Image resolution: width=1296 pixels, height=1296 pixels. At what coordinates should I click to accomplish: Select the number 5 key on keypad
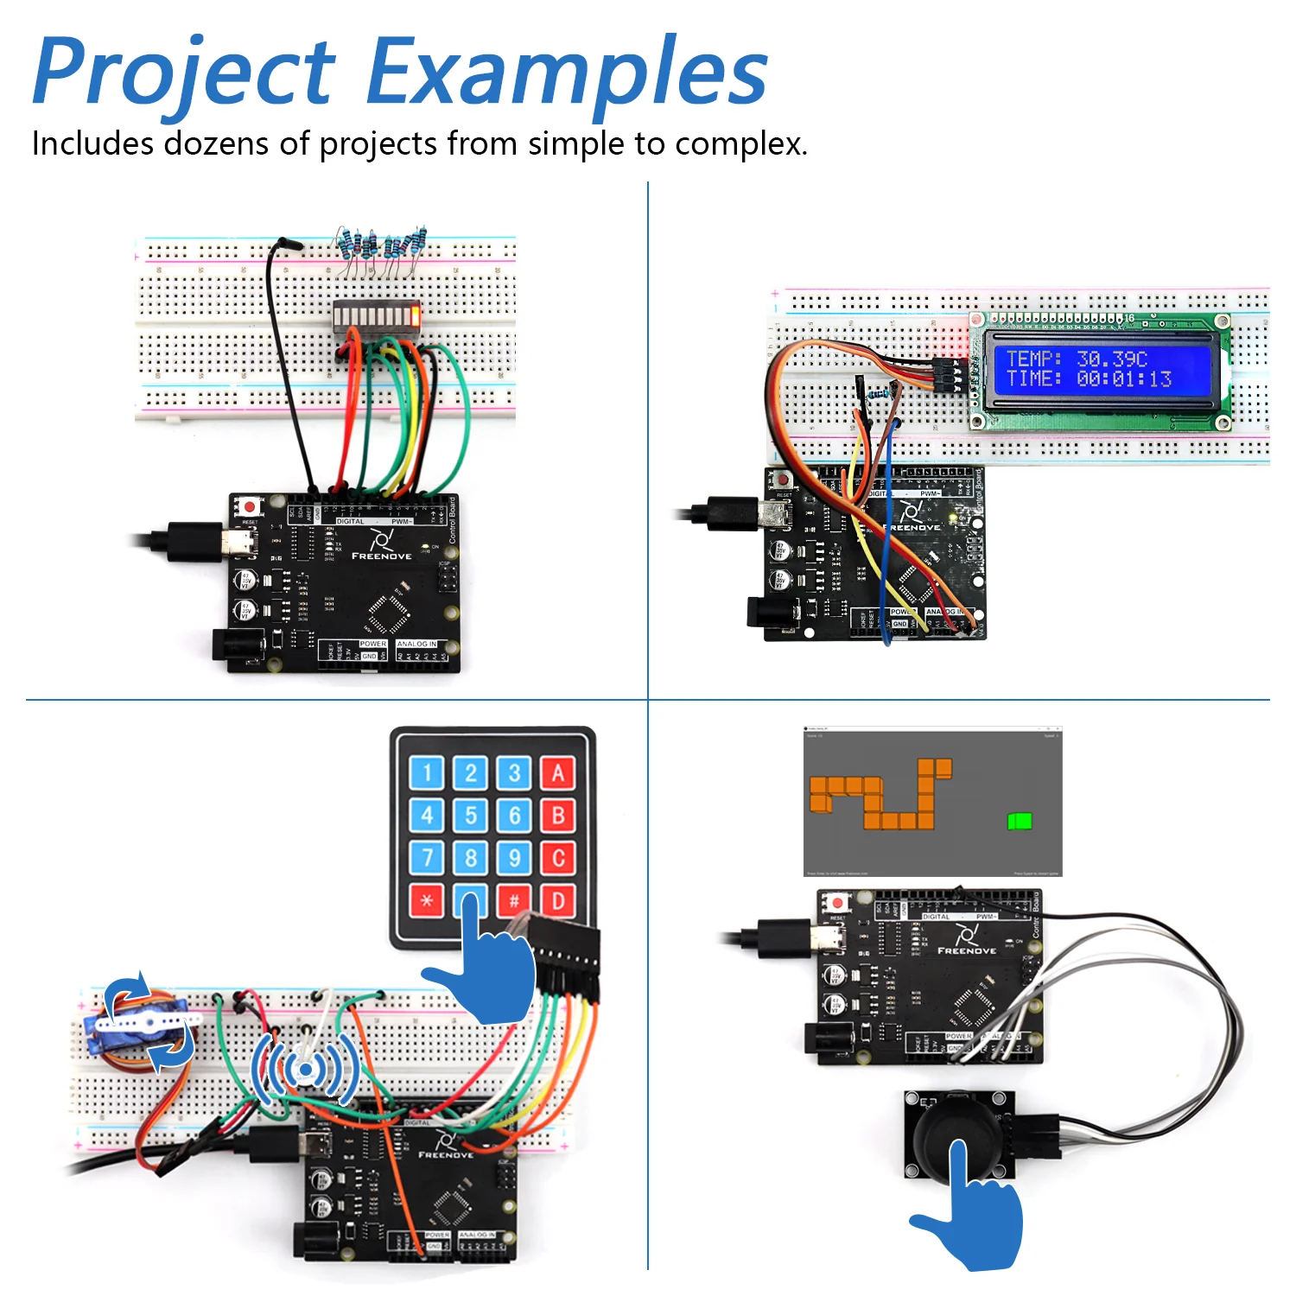tap(471, 815)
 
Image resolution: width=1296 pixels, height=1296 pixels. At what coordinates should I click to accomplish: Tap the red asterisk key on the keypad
tap(427, 901)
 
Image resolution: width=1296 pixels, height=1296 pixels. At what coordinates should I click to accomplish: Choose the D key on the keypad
tap(558, 901)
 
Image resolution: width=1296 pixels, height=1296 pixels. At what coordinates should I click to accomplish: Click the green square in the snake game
tap(1020, 821)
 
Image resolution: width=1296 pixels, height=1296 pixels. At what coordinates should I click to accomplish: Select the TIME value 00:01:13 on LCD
tap(1123, 379)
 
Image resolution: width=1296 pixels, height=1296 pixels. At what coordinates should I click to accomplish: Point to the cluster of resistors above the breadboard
tap(380, 246)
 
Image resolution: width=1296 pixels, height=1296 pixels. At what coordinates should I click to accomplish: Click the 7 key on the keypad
tap(427, 858)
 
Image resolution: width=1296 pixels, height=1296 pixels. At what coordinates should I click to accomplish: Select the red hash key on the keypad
tap(514, 901)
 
